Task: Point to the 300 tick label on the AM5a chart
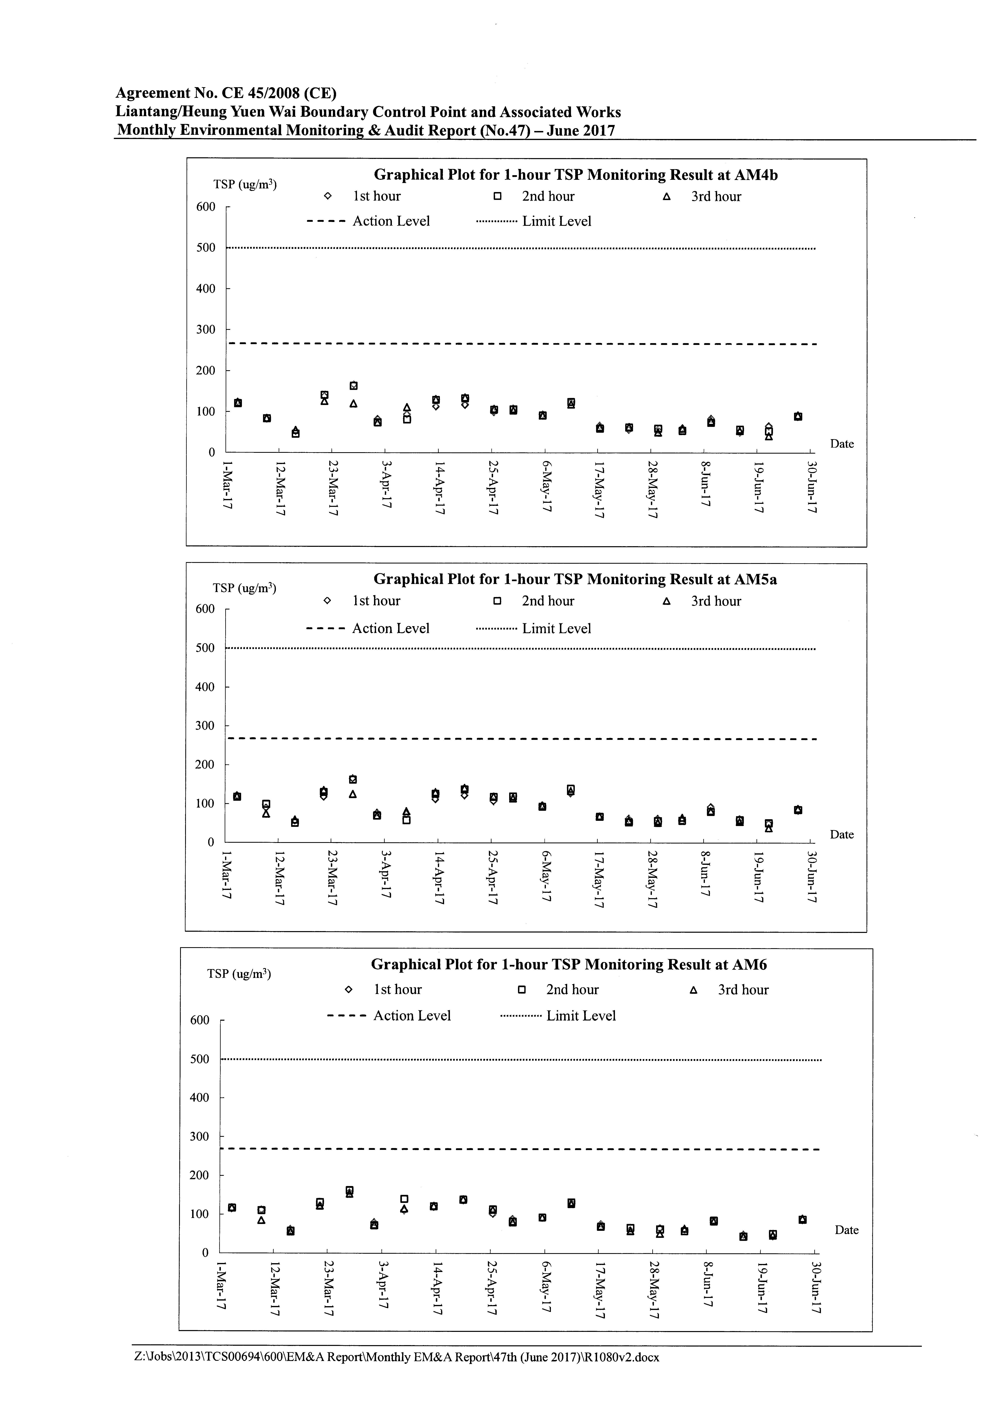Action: [x=206, y=725]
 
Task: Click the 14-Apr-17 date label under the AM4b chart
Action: [x=439, y=488]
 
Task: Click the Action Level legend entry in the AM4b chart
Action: [x=368, y=221]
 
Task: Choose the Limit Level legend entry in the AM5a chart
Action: [x=533, y=629]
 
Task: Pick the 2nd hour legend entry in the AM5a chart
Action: [x=534, y=601]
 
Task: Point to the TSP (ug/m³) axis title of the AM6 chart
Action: [x=239, y=974]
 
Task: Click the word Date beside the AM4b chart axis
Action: [x=842, y=444]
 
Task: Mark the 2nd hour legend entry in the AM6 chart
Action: [x=559, y=990]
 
